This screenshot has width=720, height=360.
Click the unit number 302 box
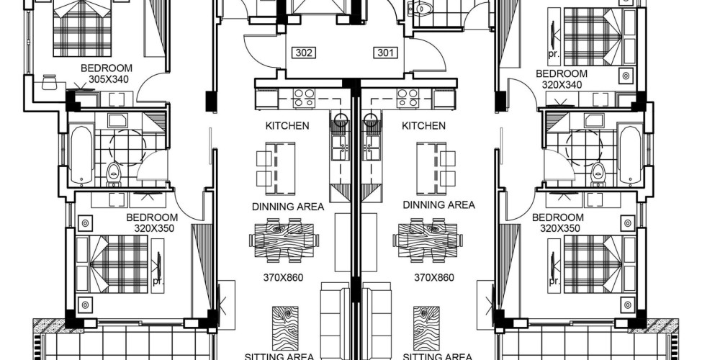click(x=304, y=53)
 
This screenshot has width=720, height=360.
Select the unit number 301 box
click(x=385, y=53)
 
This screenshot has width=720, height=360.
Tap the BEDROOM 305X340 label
click(x=107, y=73)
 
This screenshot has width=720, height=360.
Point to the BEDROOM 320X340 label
click(x=562, y=79)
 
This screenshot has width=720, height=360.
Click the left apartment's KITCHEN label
click(x=287, y=125)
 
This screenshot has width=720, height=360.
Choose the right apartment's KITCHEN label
click(x=423, y=125)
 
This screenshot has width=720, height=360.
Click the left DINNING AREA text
click(x=288, y=207)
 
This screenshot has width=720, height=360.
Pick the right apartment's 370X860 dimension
click(x=434, y=277)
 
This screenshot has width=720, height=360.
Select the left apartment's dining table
click(x=284, y=240)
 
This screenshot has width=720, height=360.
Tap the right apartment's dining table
click(x=428, y=240)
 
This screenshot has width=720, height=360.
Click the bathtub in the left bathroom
click(x=82, y=155)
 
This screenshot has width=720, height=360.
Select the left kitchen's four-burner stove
click(x=304, y=98)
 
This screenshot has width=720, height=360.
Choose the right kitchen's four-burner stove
click(x=408, y=98)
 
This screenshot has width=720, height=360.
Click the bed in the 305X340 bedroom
click(x=82, y=29)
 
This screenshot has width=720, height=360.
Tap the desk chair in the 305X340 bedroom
click(x=49, y=82)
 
